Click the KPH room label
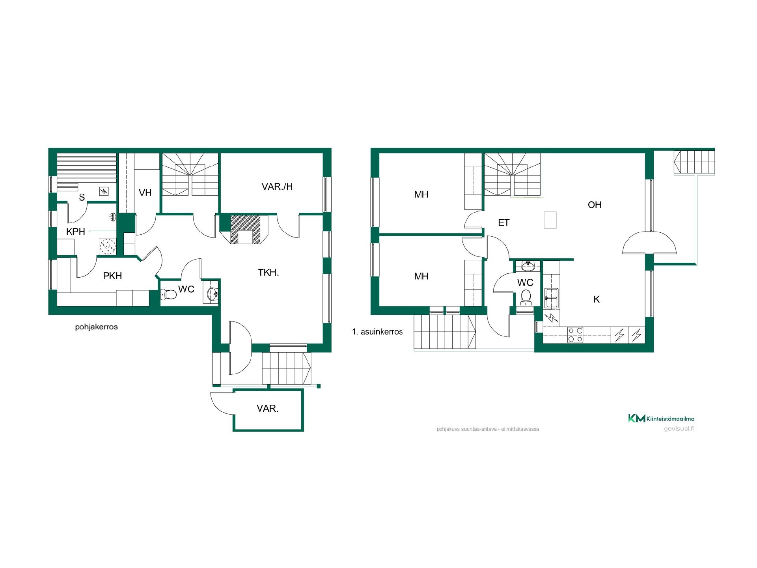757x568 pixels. coord(76,232)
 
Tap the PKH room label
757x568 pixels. coord(112,276)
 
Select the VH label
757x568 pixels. coord(145,192)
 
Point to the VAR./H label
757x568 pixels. coord(277,187)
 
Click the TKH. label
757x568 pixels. coord(268,273)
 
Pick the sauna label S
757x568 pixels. coord(82,197)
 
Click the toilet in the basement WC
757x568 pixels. coord(168,294)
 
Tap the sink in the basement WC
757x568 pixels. coord(213,293)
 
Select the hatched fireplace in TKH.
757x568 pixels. coord(246,229)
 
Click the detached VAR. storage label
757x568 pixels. coord(268,409)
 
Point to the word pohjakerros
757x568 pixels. coord(97,327)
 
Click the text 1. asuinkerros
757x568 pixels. coord(377,332)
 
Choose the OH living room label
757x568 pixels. coord(595,205)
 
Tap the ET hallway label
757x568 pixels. coord(504,223)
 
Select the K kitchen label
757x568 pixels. coord(597,299)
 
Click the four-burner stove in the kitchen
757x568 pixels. coord(576,335)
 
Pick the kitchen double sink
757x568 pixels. coord(551,298)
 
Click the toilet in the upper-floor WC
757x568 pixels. coord(526,298)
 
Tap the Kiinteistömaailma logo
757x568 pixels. coord(661,419)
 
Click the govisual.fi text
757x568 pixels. coord(679,429)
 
